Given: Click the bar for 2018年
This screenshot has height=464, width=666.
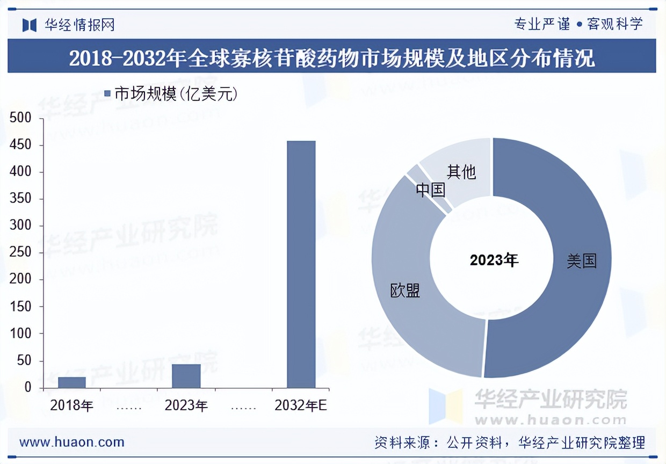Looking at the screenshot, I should (x=72, y=382).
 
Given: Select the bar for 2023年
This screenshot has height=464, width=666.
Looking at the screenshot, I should (x=186, y=376).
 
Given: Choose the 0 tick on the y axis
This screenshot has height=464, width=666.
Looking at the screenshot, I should (x=28, y=388).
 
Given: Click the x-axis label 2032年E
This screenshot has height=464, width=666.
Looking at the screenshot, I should (x=301, y=406).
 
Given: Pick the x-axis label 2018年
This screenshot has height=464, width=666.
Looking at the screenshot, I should (x=72, y=406).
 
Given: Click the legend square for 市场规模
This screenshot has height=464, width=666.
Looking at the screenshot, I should (x=107, y=94).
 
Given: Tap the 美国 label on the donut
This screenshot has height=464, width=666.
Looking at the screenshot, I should (x=582, y=262).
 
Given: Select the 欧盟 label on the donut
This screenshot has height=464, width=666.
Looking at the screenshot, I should (x=405, y=291).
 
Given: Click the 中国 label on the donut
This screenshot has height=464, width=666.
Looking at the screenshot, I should (x=431, y=190).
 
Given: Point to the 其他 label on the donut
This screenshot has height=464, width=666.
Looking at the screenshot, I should (x=461, y=172).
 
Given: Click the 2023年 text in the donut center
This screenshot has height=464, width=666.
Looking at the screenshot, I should (x=494, y=260).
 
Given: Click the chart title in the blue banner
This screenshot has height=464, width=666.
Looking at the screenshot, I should (x=332, y=57).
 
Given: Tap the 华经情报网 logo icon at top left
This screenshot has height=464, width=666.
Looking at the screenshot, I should (x=30, y=25).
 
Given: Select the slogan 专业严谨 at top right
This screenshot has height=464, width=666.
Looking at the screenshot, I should (x=542, y=24).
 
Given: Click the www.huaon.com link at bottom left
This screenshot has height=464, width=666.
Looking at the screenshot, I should (x=72, y=443).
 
